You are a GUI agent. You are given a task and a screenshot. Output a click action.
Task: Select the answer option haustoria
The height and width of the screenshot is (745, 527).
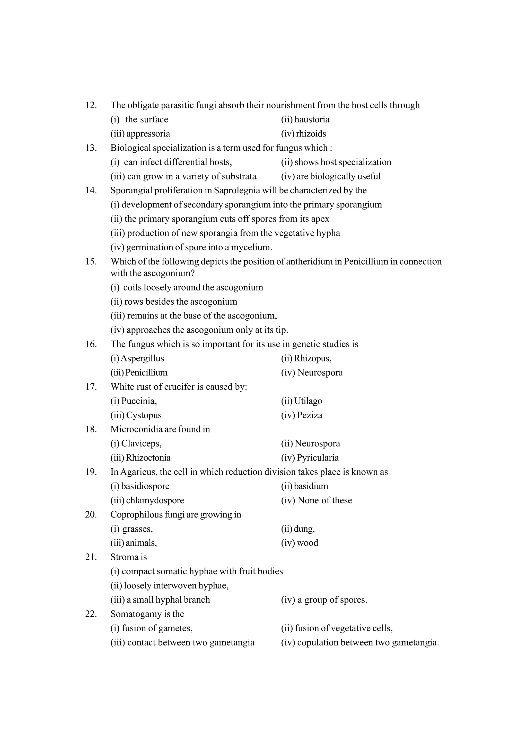[311, 119]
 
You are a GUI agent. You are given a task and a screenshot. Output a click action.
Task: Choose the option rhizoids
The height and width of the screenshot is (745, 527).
[311, 134]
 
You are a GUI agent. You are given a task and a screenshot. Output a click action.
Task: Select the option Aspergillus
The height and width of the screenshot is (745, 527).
[142, 358]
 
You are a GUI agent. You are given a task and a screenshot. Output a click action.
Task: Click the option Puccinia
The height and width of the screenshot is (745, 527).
[139, 401]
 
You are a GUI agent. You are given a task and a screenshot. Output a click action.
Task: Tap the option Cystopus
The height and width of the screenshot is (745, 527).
[144, 415]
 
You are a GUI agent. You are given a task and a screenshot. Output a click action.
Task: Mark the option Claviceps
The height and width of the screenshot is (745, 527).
[141, 443]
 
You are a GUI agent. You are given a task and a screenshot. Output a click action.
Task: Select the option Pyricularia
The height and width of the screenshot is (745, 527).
[317, 458]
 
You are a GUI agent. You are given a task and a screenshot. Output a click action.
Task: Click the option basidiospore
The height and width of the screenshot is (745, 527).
[145, 486]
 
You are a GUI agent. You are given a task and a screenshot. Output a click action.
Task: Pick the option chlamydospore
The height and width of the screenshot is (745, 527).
[155, 500]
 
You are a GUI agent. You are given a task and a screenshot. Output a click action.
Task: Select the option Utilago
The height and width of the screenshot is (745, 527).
[308, 401]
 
